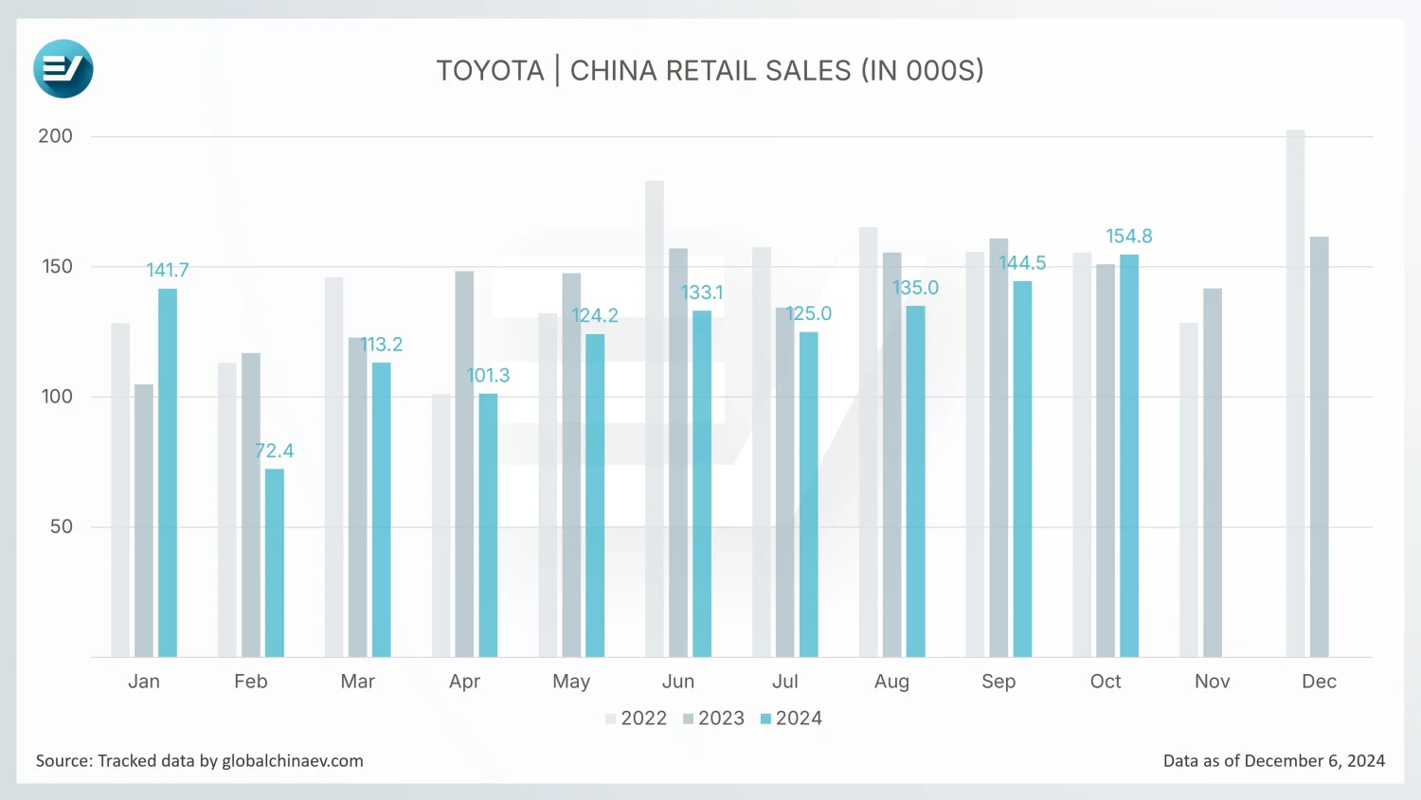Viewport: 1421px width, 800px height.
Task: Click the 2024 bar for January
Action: tap(168, 473)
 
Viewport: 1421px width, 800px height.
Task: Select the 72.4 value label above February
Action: tap(274, 451)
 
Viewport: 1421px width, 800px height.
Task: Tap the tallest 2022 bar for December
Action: tap(1295, 393)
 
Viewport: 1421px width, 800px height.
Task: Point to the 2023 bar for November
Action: tap(1212, 473)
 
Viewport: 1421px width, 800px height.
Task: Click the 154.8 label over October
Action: tap(1129, 236)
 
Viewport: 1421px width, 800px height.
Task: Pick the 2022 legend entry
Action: tap(637, 719)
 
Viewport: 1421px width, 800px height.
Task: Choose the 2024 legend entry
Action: tap(792, 719)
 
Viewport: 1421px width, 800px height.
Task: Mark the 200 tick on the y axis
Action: tap(55, 136)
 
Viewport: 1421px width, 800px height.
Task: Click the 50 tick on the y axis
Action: tap(62, 526)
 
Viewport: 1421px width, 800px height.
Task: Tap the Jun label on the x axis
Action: tap(678, 682)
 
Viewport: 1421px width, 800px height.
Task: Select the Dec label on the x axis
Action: tap(1319, 682)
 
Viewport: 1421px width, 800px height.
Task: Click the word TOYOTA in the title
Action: tap(490, 71)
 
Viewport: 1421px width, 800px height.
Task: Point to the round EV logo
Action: tap(63, 69)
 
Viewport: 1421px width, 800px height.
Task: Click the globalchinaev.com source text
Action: tap(293, 761)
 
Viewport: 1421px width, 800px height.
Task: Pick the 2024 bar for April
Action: tap(488, 525)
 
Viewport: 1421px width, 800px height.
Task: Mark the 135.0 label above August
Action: tap(915, 288)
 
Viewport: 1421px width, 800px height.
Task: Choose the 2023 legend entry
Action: tap(714, 719)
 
